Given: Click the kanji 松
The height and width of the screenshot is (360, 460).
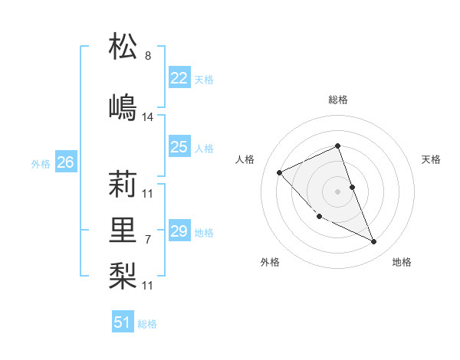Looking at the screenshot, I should pos(123,47).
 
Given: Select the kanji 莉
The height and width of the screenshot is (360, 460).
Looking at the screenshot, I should pos(123,185).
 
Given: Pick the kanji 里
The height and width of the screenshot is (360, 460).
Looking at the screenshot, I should pos(123,228).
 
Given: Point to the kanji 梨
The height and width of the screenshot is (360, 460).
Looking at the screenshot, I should pos(123,272).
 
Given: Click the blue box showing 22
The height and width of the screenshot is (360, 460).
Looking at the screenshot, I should pos(179,78).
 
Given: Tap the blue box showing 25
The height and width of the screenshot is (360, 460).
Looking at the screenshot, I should pos(179,147).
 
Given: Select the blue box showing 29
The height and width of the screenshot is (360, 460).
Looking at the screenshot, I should pos(179,231).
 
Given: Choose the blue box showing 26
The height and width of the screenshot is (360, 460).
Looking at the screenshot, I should pos(66,162).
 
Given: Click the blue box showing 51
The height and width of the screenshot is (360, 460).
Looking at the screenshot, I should pos(123,322).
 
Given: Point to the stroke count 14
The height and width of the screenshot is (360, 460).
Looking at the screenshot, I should pos(148,117).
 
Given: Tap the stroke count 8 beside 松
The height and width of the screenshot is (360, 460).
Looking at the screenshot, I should pos(147,56).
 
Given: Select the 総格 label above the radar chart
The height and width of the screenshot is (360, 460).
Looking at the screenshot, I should pos(337,100).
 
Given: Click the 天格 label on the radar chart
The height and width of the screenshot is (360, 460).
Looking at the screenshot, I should pos(431,159).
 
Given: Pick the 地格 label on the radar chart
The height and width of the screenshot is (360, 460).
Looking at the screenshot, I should pos(402,262).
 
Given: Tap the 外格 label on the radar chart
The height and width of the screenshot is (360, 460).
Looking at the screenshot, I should pos(270,262).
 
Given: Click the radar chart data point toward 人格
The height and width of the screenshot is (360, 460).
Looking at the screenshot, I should pos(280,172).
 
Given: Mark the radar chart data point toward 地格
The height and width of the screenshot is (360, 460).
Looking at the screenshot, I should pos(374,242).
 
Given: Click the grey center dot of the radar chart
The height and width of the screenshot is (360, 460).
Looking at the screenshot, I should pos(337,191).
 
